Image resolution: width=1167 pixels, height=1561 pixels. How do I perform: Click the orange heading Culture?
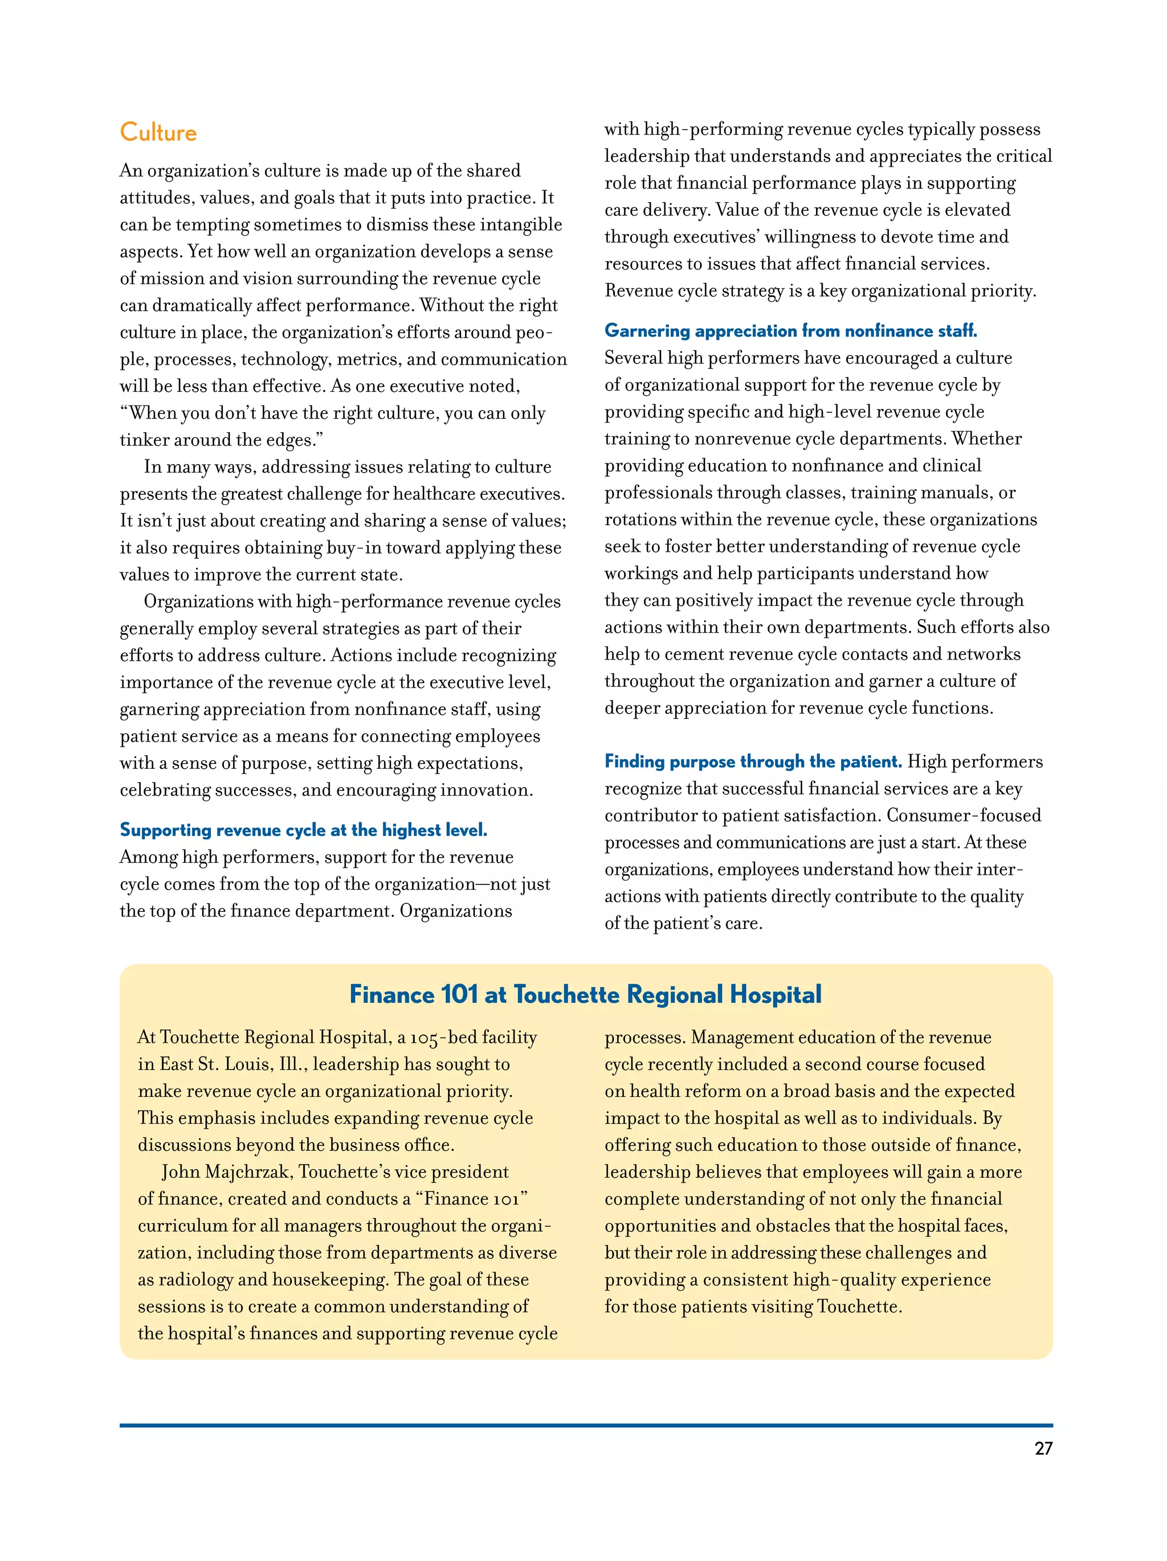[x=158, y=133]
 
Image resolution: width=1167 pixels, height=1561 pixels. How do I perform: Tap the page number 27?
[x=1043, y=1449]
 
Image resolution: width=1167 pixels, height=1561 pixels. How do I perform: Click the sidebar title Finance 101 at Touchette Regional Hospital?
[x=585, y=994]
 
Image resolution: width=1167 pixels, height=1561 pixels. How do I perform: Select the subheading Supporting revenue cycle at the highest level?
[x=304, y=830]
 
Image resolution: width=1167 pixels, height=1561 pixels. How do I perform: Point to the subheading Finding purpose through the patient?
[x=753, y=761]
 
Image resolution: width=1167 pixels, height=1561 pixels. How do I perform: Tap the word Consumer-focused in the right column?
[x=964, y=816]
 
